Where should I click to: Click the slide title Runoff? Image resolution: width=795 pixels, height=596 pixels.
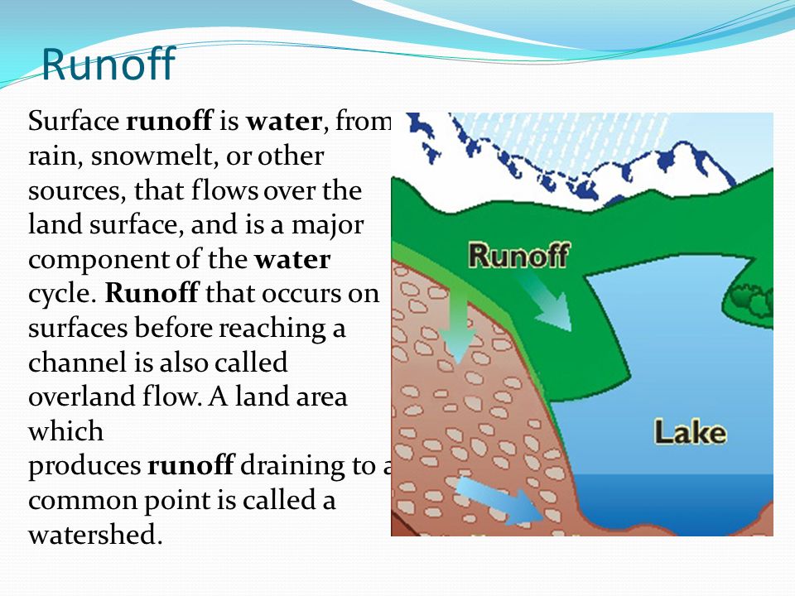[108, 64]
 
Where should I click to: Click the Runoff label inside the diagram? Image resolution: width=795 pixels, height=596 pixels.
[518, 255]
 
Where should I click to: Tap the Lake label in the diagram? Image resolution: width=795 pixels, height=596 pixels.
[690, 432]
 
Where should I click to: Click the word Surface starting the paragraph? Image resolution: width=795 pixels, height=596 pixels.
[73, 123]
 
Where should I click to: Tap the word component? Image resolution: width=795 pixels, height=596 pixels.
[91, 261]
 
